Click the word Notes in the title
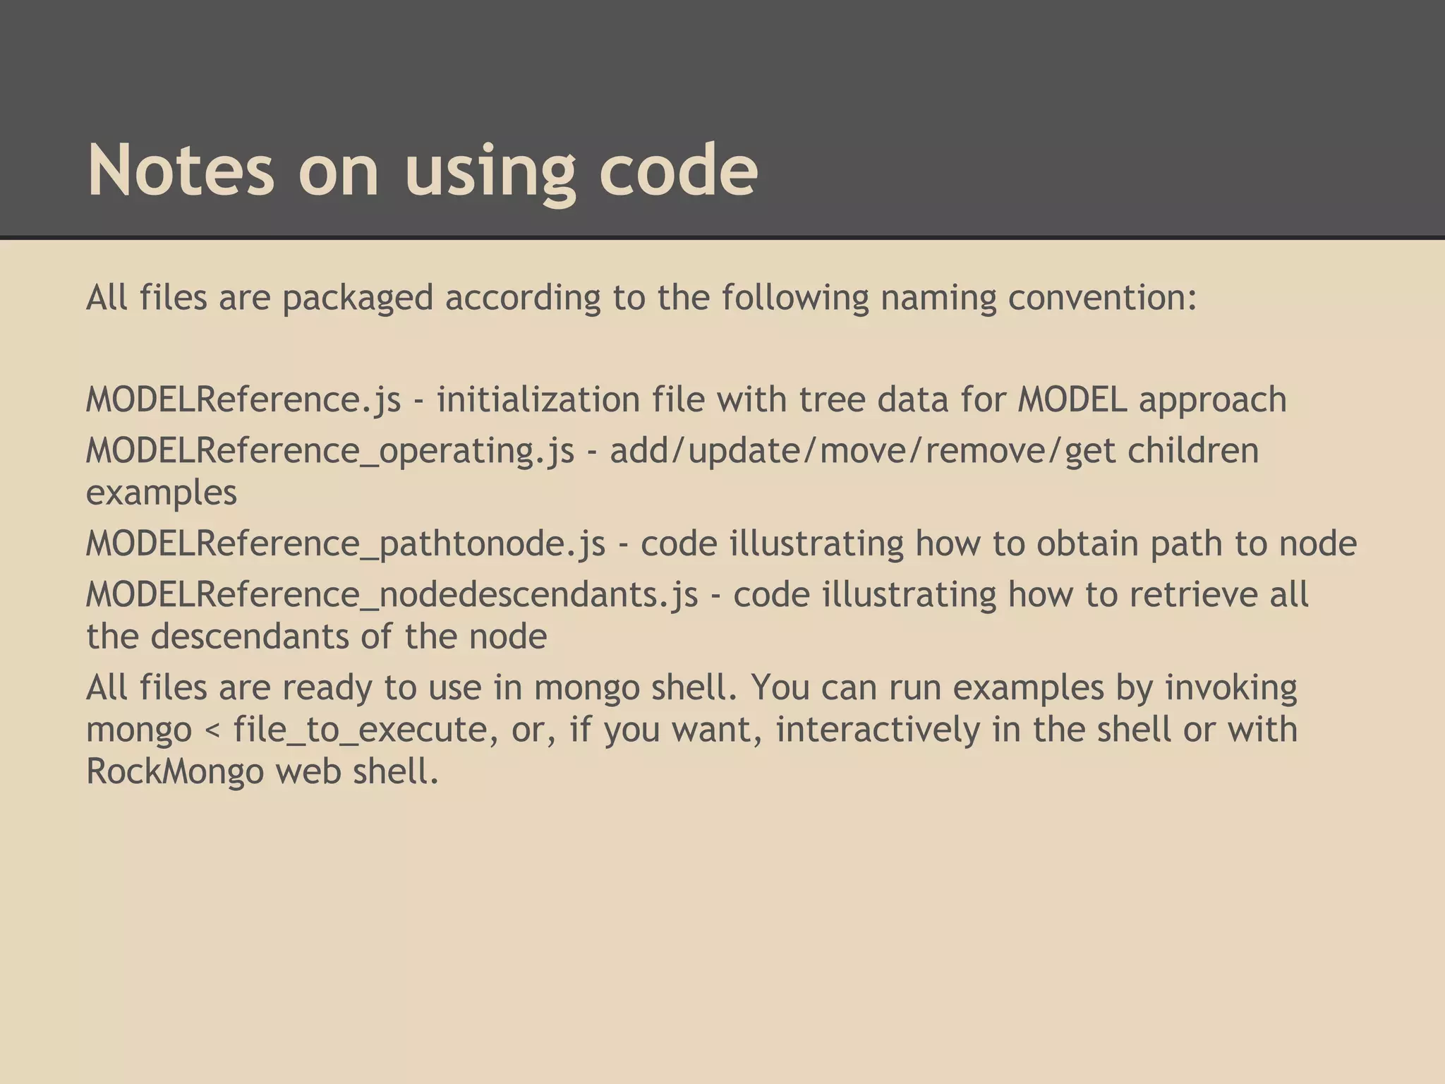(180, 170)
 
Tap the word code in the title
(678, 170)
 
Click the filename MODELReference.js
(243, 399)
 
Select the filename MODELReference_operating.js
(330, 450)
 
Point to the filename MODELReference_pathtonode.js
(346, 543)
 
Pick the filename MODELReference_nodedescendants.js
(392, 594)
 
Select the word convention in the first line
(1102, 297)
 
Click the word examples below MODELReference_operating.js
(162, 493)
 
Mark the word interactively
(878, 729)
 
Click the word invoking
(1231, 687)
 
